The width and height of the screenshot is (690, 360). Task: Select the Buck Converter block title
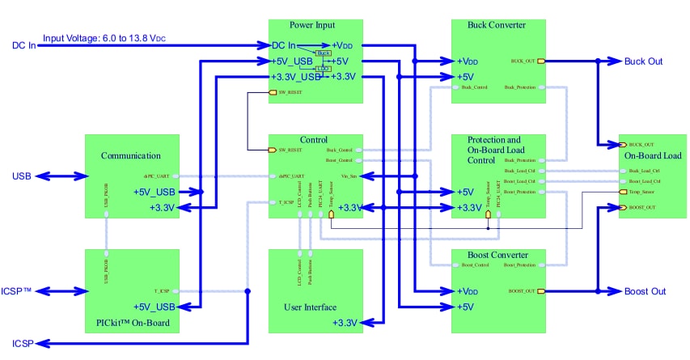[497, 25]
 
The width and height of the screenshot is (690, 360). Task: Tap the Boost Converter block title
[497, 256]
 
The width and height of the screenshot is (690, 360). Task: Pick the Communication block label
[130, 155]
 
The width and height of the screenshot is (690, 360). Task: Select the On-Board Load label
[653, 155]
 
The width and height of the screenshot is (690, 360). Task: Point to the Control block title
[313, 140]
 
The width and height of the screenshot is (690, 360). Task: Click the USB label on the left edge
[21, 176]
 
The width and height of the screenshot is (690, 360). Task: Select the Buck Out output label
[644, 61]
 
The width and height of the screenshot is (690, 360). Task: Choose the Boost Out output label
[646, 291]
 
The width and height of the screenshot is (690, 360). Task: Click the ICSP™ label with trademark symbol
[16, 290]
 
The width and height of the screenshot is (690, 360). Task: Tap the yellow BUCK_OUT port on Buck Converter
[541, 61]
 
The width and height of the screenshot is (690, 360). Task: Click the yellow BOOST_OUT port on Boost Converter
[541, 290]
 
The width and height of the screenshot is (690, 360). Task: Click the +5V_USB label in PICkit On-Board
[155, 307]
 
